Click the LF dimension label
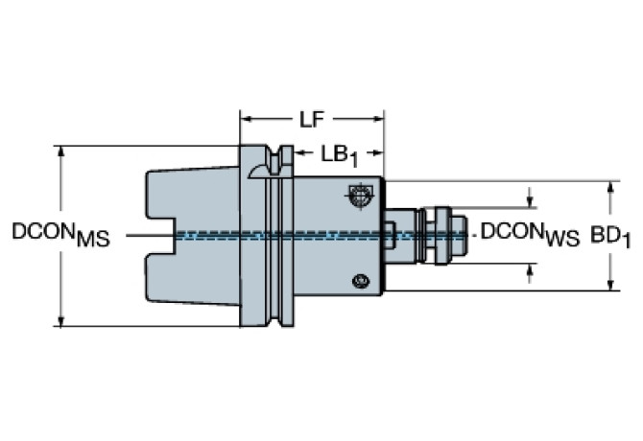click(310, 120)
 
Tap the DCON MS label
click(60, 234)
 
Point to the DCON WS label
click(530, 234)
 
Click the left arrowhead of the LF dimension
click(245, 120)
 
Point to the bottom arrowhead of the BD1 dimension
click(610, 285)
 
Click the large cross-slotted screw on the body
click(358, 198)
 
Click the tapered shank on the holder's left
click(192, 234)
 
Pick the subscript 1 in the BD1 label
click(627, 241)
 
